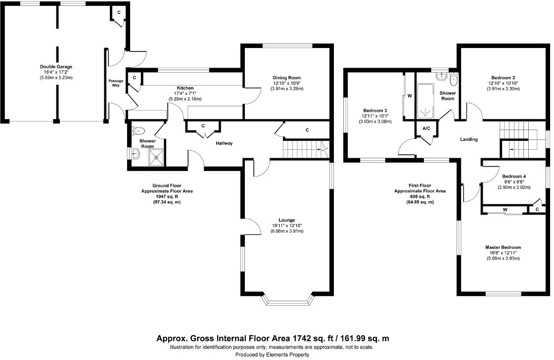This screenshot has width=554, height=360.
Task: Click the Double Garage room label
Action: tap(56, 66)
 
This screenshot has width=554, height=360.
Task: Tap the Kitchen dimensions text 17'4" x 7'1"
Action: tap(185, 93)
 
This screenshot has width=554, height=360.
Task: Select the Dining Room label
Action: tap(286, 78)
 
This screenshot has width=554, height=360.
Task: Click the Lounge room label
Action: tap(286, 220)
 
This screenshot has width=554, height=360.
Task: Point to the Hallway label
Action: tap(224, 143)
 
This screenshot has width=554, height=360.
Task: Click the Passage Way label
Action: tap(115, 83)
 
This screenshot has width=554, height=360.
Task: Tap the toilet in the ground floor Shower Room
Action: tap(138, 132)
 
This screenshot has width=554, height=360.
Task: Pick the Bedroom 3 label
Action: tap(375, 110)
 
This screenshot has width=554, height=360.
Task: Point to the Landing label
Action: tap(468, 139)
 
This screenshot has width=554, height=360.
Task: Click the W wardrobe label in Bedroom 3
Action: tap(410, 95)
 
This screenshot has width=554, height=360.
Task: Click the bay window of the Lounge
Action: tap(287, 299)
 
